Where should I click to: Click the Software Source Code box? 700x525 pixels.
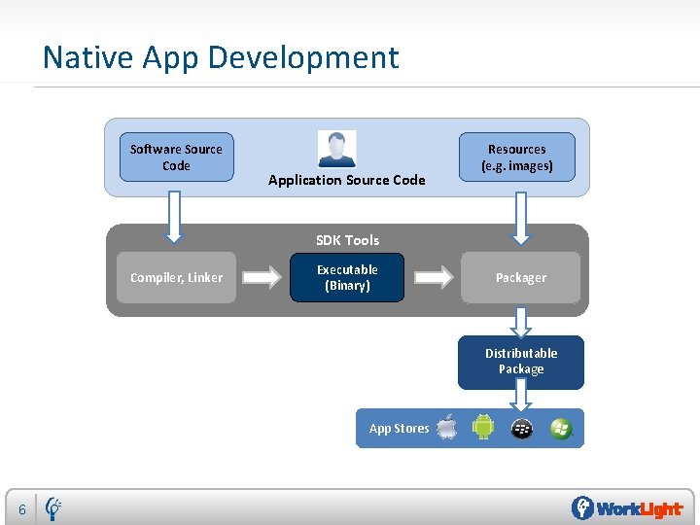pos(176,157)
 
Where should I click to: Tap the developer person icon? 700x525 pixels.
pos(336,149)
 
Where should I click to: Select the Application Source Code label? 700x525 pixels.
pos(346,180)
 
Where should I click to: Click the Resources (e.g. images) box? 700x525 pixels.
pos(517,157)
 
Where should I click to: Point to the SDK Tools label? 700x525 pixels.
pos(347,240)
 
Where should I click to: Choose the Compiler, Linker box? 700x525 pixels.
pos(176,278)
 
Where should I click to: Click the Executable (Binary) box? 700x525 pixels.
pos(347,278)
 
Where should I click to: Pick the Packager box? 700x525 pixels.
pos(521,278)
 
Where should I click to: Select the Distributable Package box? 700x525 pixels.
pos(521,362)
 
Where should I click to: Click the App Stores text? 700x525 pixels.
pos(399,429)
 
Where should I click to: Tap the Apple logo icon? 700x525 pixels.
pos(446,428)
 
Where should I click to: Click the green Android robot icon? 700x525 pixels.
pos(483,428)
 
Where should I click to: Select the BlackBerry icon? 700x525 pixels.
pos(522,428)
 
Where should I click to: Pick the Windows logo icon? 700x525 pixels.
pos(560,428)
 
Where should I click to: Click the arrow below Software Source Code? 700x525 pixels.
pos(175,216)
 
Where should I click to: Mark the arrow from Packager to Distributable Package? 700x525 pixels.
pos(521,321)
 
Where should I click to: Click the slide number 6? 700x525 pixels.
pos(21,509)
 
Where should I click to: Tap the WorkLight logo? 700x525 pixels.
pos(626,508)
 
